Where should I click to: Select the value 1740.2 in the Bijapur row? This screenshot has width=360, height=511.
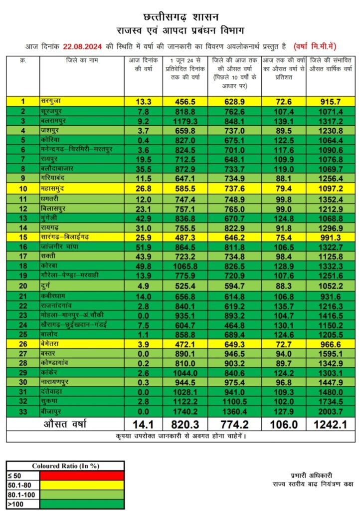184,412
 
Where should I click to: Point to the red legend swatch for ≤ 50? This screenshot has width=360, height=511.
81,474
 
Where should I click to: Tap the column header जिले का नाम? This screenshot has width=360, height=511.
81,61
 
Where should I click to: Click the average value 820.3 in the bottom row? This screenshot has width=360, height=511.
184,425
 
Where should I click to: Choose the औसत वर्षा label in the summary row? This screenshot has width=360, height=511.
65,425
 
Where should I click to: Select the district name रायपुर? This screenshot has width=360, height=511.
51,159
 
